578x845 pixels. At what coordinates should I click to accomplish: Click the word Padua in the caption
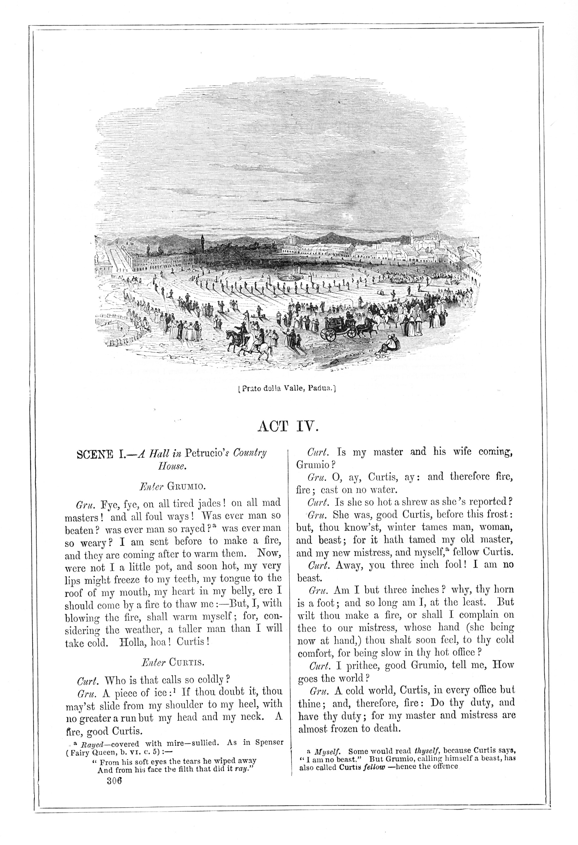click(320, 388)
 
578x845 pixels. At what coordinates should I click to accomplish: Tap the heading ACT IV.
click(288, 426)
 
